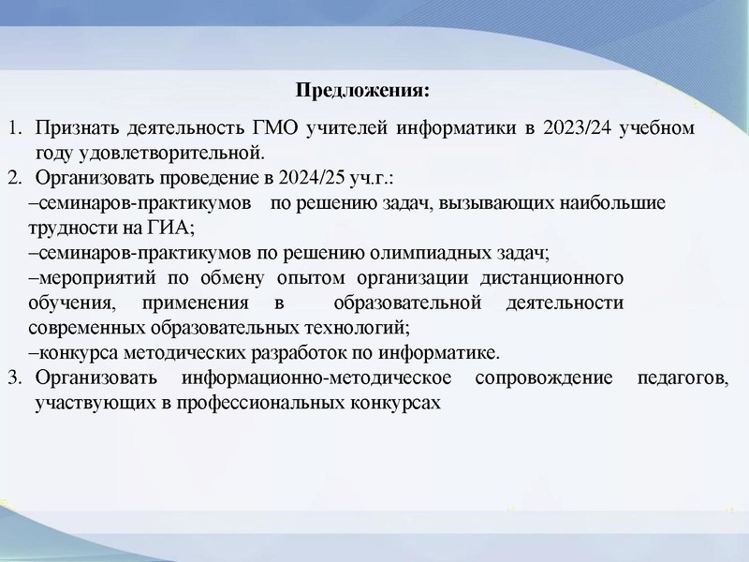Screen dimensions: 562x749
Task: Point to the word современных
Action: click(87, 328)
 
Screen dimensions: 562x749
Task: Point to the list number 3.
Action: click(14, 378)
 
